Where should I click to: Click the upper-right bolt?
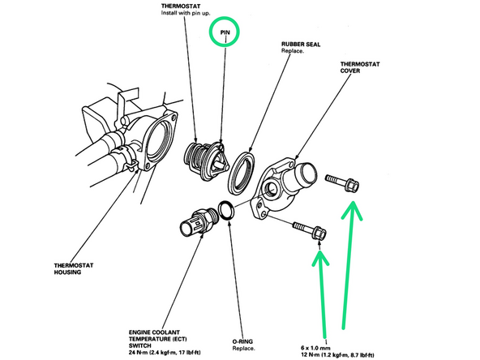pyautogui.click(x=344, y=183)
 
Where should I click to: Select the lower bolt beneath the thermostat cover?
pyautogui.click(x=309, y=230)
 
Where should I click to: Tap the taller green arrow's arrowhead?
pyautogui.click(x=352, y=212)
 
